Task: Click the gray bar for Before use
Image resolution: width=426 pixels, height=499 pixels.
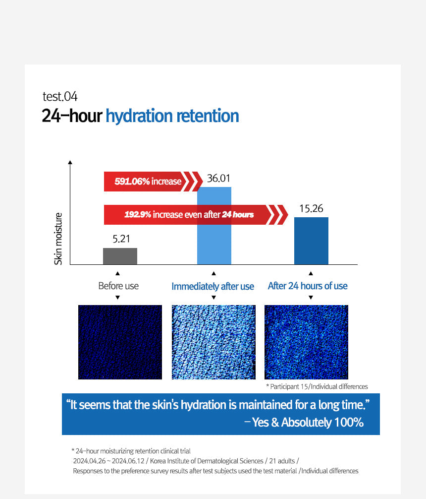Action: click(x=120, y=256)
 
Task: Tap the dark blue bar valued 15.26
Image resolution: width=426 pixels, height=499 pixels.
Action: click(x=311, y=241)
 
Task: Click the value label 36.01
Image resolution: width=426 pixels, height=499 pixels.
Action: click(x=218, y=179)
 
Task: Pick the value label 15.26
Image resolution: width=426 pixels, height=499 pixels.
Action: click(x=311, y=208)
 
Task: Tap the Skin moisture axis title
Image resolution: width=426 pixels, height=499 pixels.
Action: click(x=58, y=238)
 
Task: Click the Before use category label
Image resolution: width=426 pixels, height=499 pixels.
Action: click(x=118, y=286)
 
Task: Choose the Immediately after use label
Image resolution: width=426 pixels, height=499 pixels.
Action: click(x=213, y=286)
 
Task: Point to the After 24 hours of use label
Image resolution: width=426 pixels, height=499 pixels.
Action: click(x=308, y=286)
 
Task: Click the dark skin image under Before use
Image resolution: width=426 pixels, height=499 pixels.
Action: click(x=120, y=342)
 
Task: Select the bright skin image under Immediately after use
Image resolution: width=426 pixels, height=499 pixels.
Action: click(x=213, y=342)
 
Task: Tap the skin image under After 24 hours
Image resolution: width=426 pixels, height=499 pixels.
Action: click(x=306, y=342)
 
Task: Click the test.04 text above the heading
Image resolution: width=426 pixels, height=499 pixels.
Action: click(x=60, y=96)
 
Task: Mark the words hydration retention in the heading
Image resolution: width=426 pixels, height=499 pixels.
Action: click(x=172, y=116)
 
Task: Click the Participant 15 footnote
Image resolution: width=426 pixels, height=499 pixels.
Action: click(x=317, y=386)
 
